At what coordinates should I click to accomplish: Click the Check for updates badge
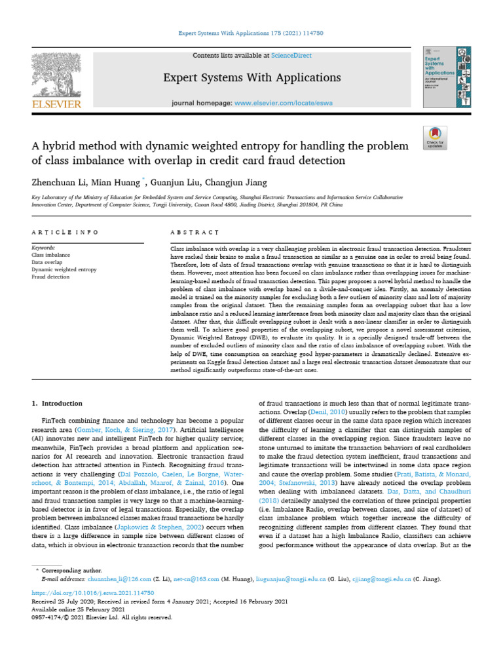pos(435,136)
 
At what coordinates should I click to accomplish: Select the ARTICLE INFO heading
pos(65,233)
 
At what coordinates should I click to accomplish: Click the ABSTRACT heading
pos(194,233)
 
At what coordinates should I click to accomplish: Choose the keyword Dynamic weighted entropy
pos(64,269)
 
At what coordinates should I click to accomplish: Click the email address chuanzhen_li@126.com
pos(125,579)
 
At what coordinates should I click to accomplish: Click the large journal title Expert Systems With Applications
pos(252,78)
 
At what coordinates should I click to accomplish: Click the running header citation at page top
pos(251,33)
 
